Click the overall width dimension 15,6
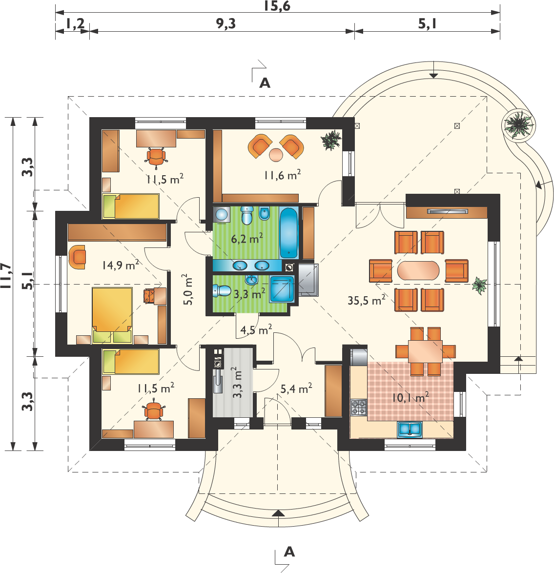pos(277,6)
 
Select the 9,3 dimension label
pos(226,23)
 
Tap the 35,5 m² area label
pos(366,300)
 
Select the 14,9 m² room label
pos(121,265)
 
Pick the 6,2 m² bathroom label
pos(247,239)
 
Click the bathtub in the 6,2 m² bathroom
pos(289,232)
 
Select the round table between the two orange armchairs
pos(276,154)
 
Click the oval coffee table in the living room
pos(418,270)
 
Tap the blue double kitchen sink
pos(410,429)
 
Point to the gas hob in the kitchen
pos(358,407)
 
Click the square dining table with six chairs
pos(425,351)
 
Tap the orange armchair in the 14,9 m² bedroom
pos(77,257)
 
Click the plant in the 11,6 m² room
pos(331,140)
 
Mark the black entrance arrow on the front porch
pos(278,513)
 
